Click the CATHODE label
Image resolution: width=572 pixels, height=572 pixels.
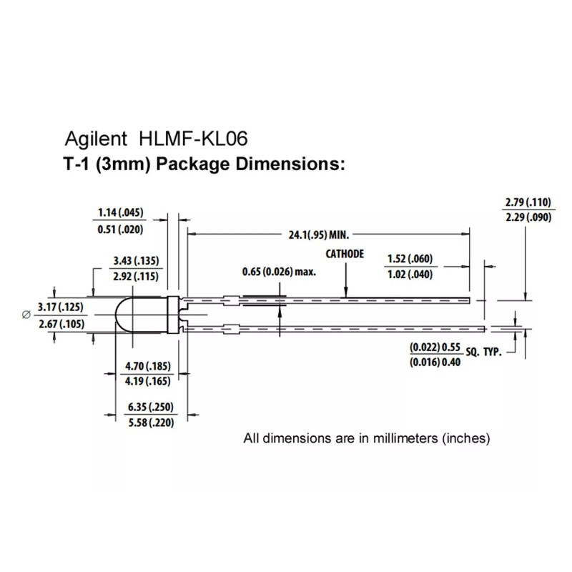pyautogui.click(x=345, y=254)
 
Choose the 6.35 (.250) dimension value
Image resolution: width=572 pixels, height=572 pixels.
pyautogui.click(x=151, y=407)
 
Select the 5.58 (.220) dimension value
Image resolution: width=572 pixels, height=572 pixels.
pyautogui.click(x=151, y=423)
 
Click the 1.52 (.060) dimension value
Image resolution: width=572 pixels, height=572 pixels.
pyautogui.click(x=410, y=259)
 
